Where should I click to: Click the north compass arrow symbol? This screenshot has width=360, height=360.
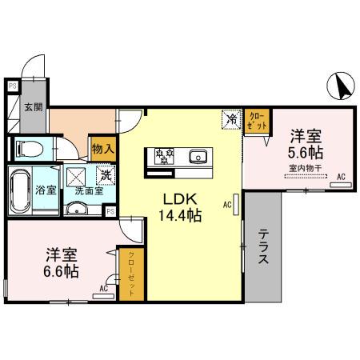pos(339,84)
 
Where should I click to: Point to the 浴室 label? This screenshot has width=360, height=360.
pos(46,190)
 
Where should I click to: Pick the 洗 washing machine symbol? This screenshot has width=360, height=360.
pos(104,174)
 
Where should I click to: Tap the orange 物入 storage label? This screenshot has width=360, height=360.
pos(102,148)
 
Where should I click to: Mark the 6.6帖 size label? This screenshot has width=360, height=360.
pos(62,272)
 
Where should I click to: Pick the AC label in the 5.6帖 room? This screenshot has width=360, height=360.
pos(341,177)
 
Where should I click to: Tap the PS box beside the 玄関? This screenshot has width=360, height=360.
pos(12,86)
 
